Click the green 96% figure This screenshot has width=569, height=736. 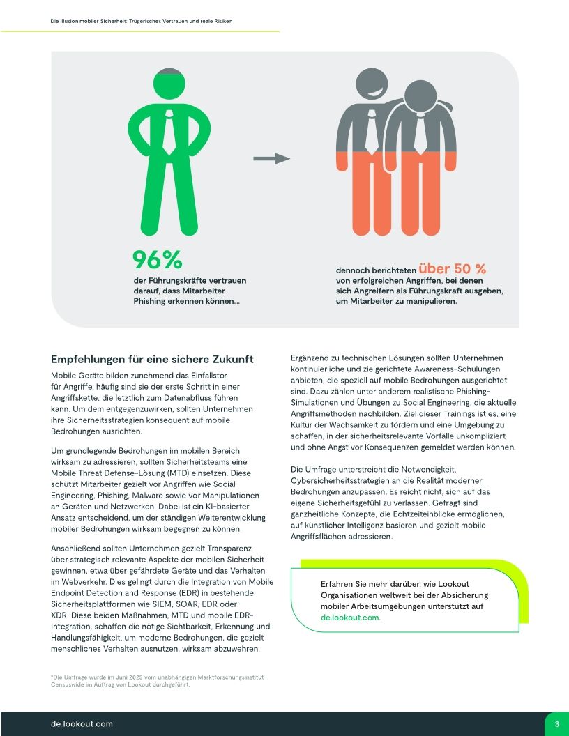click(158, 259)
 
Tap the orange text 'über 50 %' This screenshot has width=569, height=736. click(452, 268)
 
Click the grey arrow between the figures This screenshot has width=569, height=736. click(271, 159)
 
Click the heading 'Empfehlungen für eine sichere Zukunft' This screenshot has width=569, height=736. click(152, 360)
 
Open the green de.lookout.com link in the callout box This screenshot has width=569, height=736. click(350, 618)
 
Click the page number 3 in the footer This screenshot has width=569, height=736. click(556, 724)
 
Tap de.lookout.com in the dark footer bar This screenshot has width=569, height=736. click(82, 724)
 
